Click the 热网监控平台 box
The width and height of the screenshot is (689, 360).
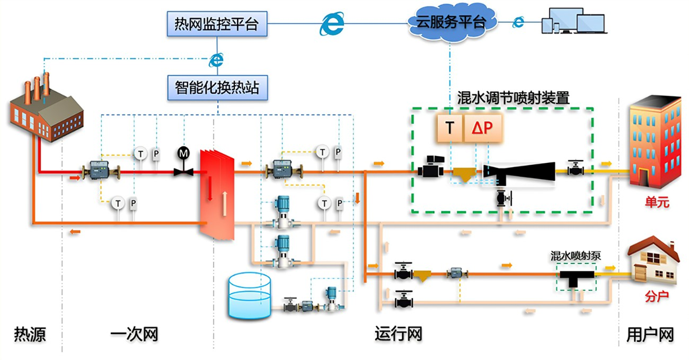pos(216,24)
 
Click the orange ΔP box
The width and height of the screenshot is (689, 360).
pos(483,128)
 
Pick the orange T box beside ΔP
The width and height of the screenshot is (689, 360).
pos(449,128)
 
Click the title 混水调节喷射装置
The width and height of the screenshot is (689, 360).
pos(513,98)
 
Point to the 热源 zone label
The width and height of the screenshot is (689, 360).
pos(30,335)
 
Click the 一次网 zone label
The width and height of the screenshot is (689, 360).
pos(134,335)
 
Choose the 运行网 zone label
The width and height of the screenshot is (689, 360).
pos(398,335)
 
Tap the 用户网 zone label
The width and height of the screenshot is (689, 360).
pos(650,335)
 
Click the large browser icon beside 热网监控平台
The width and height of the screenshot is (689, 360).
pos(332,23)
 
